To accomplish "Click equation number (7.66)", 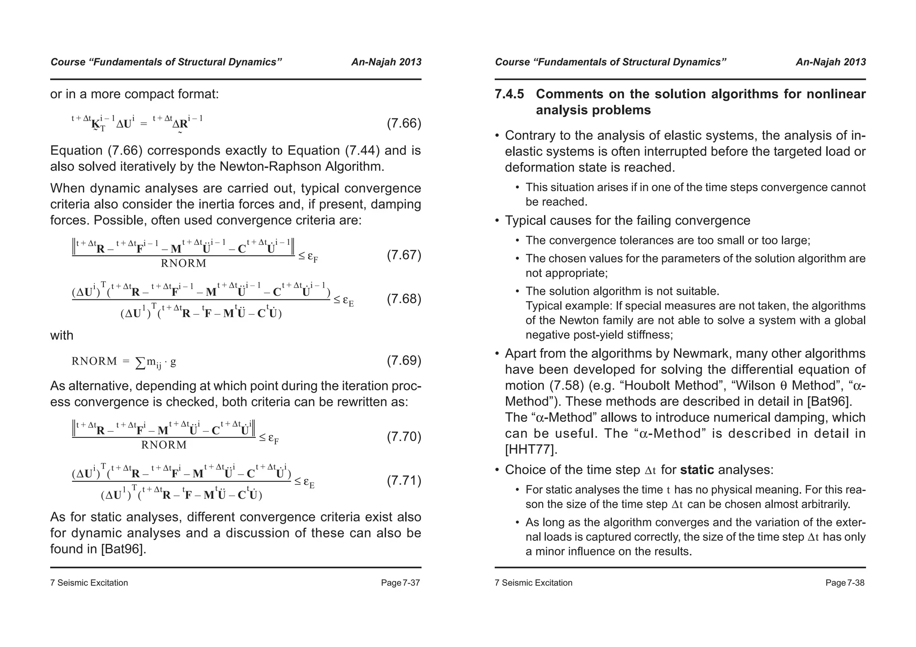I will pos(403,123).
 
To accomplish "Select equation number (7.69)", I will pos(403,361).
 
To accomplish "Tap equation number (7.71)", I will pos(403,481).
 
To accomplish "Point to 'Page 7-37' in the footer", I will pos(400,583).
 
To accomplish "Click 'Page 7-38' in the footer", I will pos(845,583).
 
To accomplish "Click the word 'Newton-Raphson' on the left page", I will pos(269,167).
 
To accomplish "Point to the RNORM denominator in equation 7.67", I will pos(183,263).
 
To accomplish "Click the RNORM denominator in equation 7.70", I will pos(164,445).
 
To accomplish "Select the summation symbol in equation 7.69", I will pos(140,362).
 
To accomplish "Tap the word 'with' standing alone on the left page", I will pos(62,336).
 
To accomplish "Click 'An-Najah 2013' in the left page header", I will pos(386,62).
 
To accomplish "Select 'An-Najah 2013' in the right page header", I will pos(831,62).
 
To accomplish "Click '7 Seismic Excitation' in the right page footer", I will pos(534,583).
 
